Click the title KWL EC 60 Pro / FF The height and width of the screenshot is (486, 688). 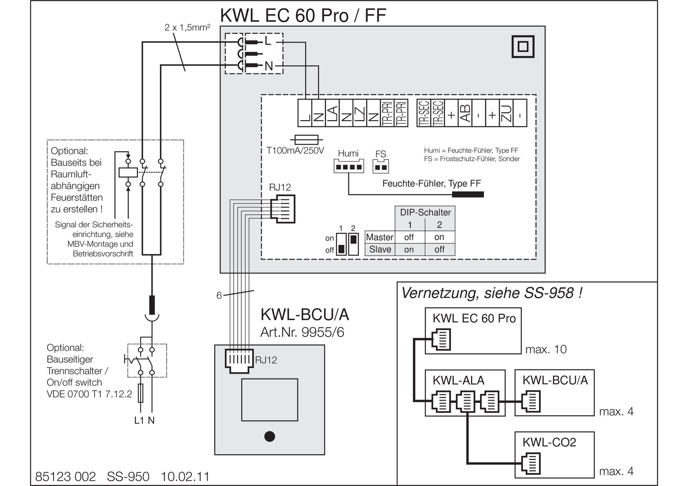(x=303, y=15)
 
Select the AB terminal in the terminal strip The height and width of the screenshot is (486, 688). (x=465, y=113)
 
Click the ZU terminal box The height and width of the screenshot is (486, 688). (x=506, y=113)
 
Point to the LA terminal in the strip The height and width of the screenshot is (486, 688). (x=332, y=113)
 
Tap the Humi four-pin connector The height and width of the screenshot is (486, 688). (x=349, y=166)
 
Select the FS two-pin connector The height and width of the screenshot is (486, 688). (x=380, y=166)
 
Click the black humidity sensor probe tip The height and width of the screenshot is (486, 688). (x=468, y=194)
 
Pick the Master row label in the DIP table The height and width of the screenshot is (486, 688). (x=380, y=237)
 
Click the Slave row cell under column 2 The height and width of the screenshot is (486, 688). (x=439, y=249)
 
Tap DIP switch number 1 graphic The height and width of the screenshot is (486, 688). (x=341, y=244)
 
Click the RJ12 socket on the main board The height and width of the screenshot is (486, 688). (x=283, y=209)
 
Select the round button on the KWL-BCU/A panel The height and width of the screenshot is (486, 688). (x=269, y=436)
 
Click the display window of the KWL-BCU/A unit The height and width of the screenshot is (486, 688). (x=269, y=400)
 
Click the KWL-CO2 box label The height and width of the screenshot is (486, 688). (x=549, y=442)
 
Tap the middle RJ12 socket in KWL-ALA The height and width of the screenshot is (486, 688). (x=466, y=401)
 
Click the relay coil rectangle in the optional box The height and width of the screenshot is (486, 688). (x=128, y=172)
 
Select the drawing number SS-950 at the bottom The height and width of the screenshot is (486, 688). (x=128, y=477)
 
